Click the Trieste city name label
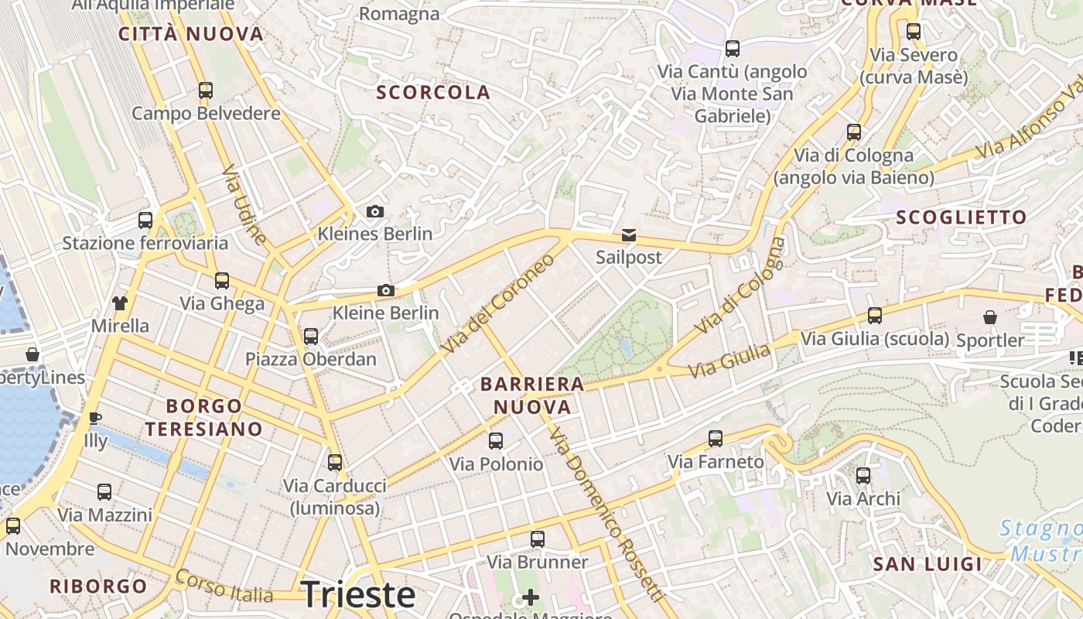(358, 595)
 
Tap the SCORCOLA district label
(433, 93)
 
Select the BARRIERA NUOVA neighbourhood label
(532, 395)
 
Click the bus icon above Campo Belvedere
(206, 91)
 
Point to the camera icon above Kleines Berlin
(375, 211)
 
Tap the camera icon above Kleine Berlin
(385, 291)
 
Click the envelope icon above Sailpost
(629, 235)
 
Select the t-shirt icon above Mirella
(120, 303)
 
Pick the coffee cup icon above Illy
(95, 419)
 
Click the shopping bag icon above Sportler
(990, 317)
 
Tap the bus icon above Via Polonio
(496, 441)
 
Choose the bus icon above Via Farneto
(716, 439)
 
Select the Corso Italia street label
(224, 587)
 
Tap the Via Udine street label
(244, 205)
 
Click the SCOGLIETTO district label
(962, 217)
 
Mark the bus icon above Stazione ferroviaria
(145, 221)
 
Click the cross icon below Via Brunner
(531, 597)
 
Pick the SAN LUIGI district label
(928, 564)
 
